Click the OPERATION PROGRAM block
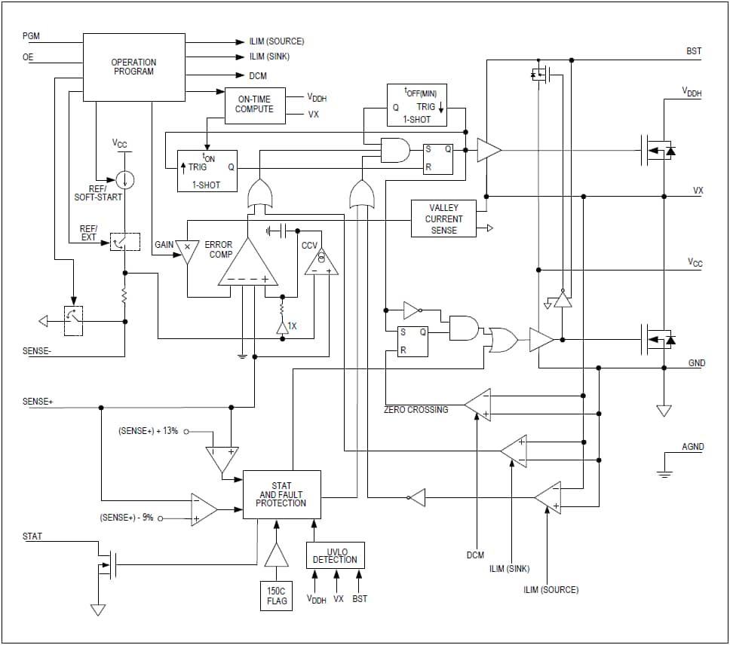pos(133,67)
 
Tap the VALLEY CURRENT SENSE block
pos(443,219)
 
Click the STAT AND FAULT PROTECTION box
pos(281,494)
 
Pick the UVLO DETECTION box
pos(335,555)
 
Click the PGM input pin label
pos(32,36)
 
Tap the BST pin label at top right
pos(694,51)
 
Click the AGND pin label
pos(692,447)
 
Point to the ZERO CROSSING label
pos(416,409)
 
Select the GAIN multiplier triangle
pos(188,249)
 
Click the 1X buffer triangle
pos(281,327)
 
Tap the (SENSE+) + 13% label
pos(148,431)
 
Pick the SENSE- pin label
pos(38,351)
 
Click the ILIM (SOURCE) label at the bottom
pos(551,589)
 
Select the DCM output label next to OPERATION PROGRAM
pos(257,76)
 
